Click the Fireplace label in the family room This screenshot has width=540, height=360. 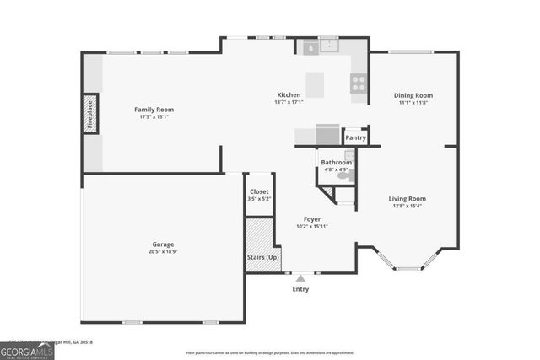89,116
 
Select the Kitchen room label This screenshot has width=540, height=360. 289,94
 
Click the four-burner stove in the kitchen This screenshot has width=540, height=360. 358,83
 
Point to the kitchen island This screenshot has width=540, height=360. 315,83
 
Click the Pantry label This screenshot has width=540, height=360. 355,137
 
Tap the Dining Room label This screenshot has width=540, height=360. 413,95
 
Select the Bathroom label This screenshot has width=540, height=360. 336,162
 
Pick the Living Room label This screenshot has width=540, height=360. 407,199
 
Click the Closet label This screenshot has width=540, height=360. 259,191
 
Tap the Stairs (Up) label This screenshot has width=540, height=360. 262,256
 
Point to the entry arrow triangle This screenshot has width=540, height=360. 300,277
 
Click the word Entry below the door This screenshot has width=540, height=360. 300,289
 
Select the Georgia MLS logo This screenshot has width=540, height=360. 27,350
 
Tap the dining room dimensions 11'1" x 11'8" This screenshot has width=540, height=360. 413,103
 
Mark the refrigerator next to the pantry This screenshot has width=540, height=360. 327,134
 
